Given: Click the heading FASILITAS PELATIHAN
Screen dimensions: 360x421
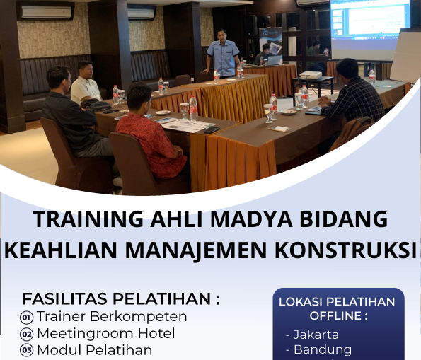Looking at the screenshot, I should tap(121, 298).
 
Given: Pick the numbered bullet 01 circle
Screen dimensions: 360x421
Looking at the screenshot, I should tap(27, 318).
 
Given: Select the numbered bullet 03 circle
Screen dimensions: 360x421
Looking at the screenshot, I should tap(27, 350).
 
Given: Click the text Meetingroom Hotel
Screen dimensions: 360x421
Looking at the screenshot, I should tap(105, 333).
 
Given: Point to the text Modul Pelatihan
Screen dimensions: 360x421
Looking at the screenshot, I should tap(94, 350).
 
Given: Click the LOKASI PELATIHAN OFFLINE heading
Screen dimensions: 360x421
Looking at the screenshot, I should tap(337, 308).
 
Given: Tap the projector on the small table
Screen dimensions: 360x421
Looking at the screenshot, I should tap(310, 75).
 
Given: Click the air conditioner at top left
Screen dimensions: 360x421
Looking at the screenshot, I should tap(46, 12).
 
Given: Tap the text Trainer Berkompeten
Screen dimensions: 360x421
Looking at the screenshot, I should tap(112, 316).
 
